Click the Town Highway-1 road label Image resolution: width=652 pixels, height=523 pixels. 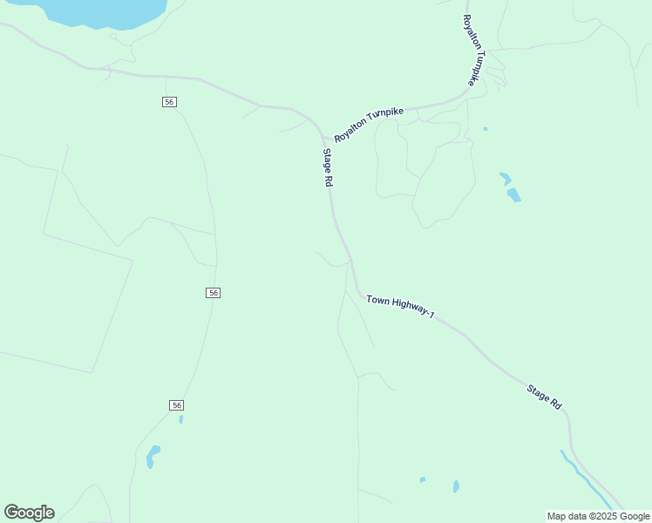(x=400, y=307)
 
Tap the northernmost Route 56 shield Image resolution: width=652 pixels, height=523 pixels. (x=169, y=102)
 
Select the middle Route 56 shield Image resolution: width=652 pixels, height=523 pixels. (x=214, y=293)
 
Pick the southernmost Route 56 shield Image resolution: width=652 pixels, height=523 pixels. (x=177, y=405)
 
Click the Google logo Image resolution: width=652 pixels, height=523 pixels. (x=29, y=513)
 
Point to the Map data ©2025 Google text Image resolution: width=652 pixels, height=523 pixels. (x=599, y=516)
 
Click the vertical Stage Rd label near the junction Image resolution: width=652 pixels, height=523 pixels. (x=328, y=168)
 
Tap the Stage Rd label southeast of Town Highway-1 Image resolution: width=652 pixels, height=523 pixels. (x=544, y=397)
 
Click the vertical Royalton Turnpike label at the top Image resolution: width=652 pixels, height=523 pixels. (x=471, y=50)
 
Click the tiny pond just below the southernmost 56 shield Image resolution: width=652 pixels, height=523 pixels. (x=180, y=419)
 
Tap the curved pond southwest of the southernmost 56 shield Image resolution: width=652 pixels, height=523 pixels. (x=153, y=456)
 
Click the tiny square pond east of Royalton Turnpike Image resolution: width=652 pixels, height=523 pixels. (x=486, y=129)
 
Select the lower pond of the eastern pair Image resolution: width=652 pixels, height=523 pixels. (x=513, y=195)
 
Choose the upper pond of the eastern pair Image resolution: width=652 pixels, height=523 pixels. (x=505, y=179)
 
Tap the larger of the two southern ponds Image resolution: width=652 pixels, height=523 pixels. (x=456, y=486)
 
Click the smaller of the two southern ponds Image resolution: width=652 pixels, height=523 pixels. (x=423, y=479)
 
